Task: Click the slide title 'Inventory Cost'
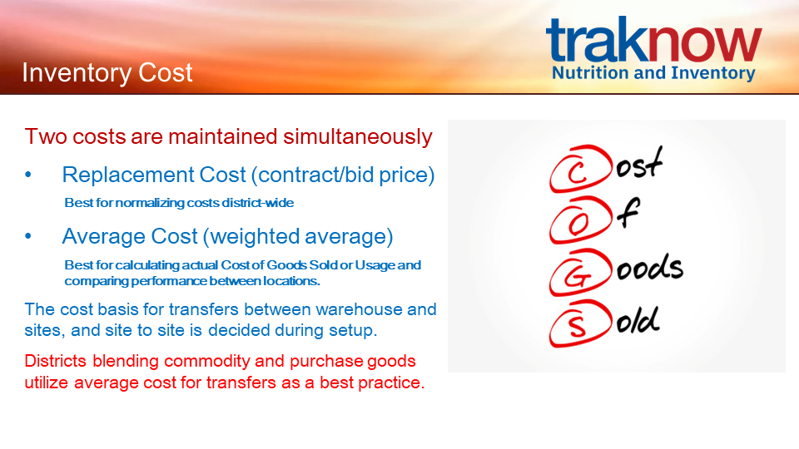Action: pyautogui.click(x=107, y=73)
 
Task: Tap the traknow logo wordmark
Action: pyautogui.click(x=654, y=40)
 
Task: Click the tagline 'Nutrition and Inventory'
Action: pyautogui.click(x=653, y=73)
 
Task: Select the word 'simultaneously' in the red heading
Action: pyautogui.click(x=358, y=137)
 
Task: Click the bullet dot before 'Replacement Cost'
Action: pyautogui.click(x=28, y=175)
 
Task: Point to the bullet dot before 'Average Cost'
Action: pyautogui.click(x=28, y=236)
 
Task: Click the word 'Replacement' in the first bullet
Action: pyautogui.click(x=128, y=175)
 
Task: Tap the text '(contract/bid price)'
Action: pyautogui.click(x=343, y=175)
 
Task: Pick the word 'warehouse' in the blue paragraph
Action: pyautogui.click(x=359, y=309)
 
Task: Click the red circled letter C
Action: pyautogui.click(x=580, y=169)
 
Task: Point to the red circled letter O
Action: pyautogui.click(x=580, y=220)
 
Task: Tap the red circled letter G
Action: pyautogui.click(x=580, y=273)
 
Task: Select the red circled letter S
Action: pyautogui.click(x=580, y=323)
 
